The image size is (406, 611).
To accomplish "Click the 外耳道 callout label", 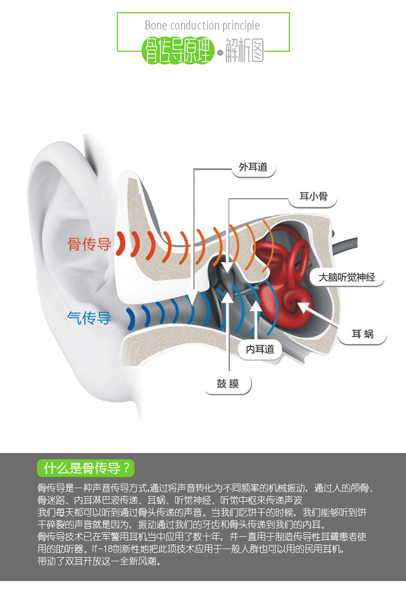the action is click(253, 168).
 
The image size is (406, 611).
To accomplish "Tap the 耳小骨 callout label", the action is click(313, 197).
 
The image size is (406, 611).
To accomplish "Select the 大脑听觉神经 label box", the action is click(347, 277).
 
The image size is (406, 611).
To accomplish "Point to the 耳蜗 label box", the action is click(362, 335).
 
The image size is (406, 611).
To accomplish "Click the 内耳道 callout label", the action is click(260, 349).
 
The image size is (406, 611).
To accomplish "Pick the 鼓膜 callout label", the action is click(228, 383).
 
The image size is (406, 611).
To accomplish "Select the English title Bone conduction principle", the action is click(202, 26).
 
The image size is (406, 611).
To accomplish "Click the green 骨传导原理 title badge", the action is click(178, 53).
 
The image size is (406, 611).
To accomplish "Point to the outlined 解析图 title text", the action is click(245, 52).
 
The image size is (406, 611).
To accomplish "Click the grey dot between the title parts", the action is click(220, 53).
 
